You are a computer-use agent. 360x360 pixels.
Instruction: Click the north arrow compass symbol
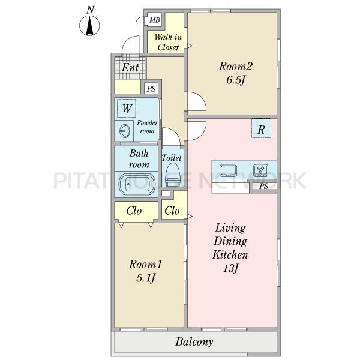pyautogui.click(x=89, y=25)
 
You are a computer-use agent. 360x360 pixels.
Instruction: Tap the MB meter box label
pyautogui.click(x=155, y=20)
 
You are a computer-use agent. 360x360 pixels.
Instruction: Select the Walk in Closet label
pyautogui.click(x=168, y=42)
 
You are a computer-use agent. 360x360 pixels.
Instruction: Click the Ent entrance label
pyautogui.click(x=130, y=67)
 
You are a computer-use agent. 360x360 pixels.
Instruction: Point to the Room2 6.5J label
pyautogui.click(x=236, y=73)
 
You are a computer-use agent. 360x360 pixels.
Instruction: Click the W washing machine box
pyautogui.click(x=127, y=108)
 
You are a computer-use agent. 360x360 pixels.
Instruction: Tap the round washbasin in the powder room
pyautogui.click(x=125, y=131)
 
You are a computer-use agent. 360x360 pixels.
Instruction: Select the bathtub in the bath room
pyautogui.click(x=137, y=184)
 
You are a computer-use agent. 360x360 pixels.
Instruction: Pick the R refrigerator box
pyautogui.click(x=261, y=128)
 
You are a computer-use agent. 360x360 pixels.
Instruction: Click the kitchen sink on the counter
pyautogui.click(x=228, y=170)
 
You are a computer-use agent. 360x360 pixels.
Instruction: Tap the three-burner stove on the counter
pyautogui.click(x=260, y=170)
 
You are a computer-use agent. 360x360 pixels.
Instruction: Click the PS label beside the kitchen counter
pyautogui.click(x=263, y=186)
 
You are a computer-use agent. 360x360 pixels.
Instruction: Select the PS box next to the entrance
pyautogui.click(x=151, y=88)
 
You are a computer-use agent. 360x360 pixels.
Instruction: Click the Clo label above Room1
pyautogui.click(x=134, y=211)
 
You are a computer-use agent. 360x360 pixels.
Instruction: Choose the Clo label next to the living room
pyautogui.click(x=172, y=211)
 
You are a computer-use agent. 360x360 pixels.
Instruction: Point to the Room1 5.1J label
pyautogui.click(x=146, y=271)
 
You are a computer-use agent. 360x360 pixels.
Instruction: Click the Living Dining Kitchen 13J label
pyautogui.click(x=230, y=248)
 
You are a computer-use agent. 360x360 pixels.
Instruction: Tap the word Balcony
pyautogui.click(x=194, y=342)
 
